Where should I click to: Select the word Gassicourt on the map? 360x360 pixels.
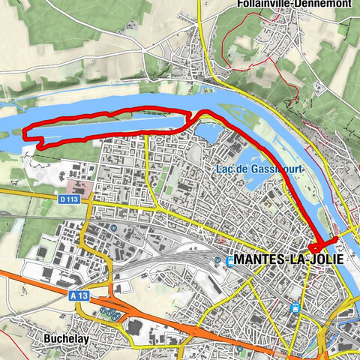pyautogui.click(x=277, y=169)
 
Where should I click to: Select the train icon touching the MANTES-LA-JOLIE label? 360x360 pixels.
pyautogui.click(x=230, y=260)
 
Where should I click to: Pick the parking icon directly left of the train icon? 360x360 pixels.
pyautogui.click(x=217, y=260)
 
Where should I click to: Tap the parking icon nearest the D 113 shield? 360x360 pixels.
pyautogui.click(x=112, y=227)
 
